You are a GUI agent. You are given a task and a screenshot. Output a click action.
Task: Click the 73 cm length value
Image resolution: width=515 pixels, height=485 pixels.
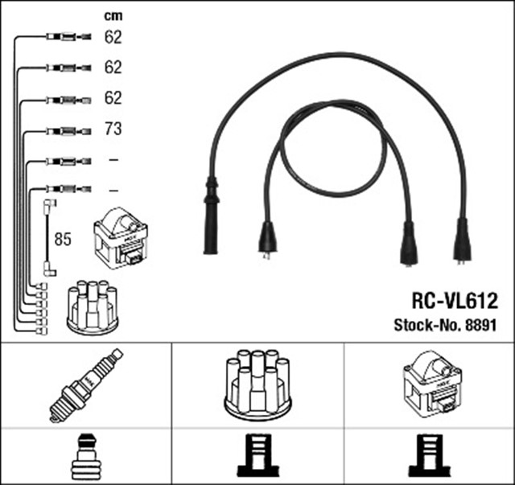point(113,129)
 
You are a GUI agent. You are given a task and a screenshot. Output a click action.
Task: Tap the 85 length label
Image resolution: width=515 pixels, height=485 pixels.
point(62,239)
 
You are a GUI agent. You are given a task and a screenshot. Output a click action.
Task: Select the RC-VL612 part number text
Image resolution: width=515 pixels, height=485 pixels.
point(443,301)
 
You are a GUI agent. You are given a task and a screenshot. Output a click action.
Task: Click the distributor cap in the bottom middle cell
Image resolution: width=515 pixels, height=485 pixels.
point(257,384)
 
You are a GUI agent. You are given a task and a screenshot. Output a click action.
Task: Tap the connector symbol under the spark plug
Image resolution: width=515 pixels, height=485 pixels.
point(86,457)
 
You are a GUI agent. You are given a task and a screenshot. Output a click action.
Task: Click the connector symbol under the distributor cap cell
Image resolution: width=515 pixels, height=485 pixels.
point(257,456)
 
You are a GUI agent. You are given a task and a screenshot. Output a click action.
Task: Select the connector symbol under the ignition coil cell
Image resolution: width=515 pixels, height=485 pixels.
point(431,456)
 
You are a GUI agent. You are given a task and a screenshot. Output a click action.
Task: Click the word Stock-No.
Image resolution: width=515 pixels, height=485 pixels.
point(425,326)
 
